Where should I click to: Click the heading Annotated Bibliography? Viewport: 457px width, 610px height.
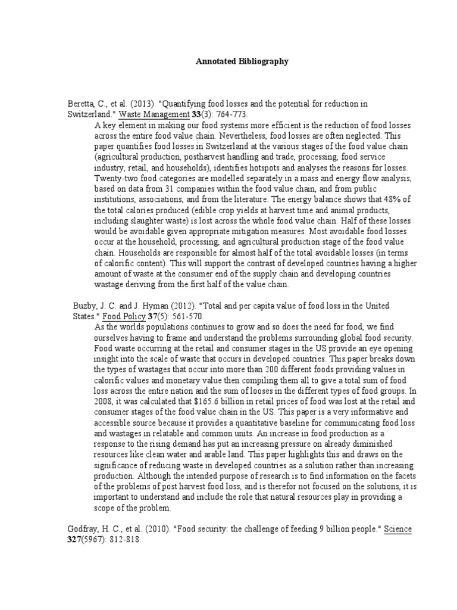242,61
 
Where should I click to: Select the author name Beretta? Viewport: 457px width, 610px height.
80,104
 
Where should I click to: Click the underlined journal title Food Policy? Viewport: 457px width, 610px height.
126,316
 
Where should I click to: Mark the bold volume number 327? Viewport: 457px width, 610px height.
73,539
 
